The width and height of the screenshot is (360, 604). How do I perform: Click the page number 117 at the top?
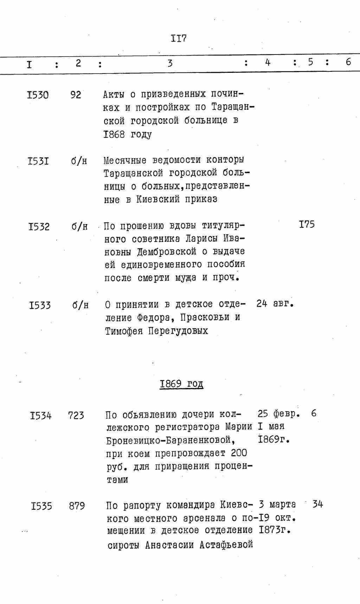tap(179, 38)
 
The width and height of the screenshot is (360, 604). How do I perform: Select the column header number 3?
tap(170, 63)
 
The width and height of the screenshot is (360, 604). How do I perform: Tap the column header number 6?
tap(348, 62)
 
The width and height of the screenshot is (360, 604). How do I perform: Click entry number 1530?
tap(38, 95)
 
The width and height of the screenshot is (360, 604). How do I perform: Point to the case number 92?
tap(76, 95)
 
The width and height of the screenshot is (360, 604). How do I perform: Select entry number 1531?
tap(38, 161)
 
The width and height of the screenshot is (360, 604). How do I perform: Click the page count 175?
tap(307, 224)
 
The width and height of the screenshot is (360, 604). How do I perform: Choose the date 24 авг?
tap(275, 303)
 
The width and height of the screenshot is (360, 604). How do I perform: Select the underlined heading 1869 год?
tap(181, 383)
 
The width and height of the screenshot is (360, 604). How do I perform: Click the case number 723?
tap(76, 415)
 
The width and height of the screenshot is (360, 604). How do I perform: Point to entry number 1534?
tap(41, 416)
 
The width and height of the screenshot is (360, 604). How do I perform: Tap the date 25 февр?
tap(278, 414)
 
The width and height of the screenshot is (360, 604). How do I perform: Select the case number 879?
tap(77, 506)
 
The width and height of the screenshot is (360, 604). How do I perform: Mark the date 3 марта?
tap(277, 504)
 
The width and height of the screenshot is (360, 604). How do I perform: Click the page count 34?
tap(317, 504)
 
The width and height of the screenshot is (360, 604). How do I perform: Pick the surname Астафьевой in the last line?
tap(226, 545)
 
